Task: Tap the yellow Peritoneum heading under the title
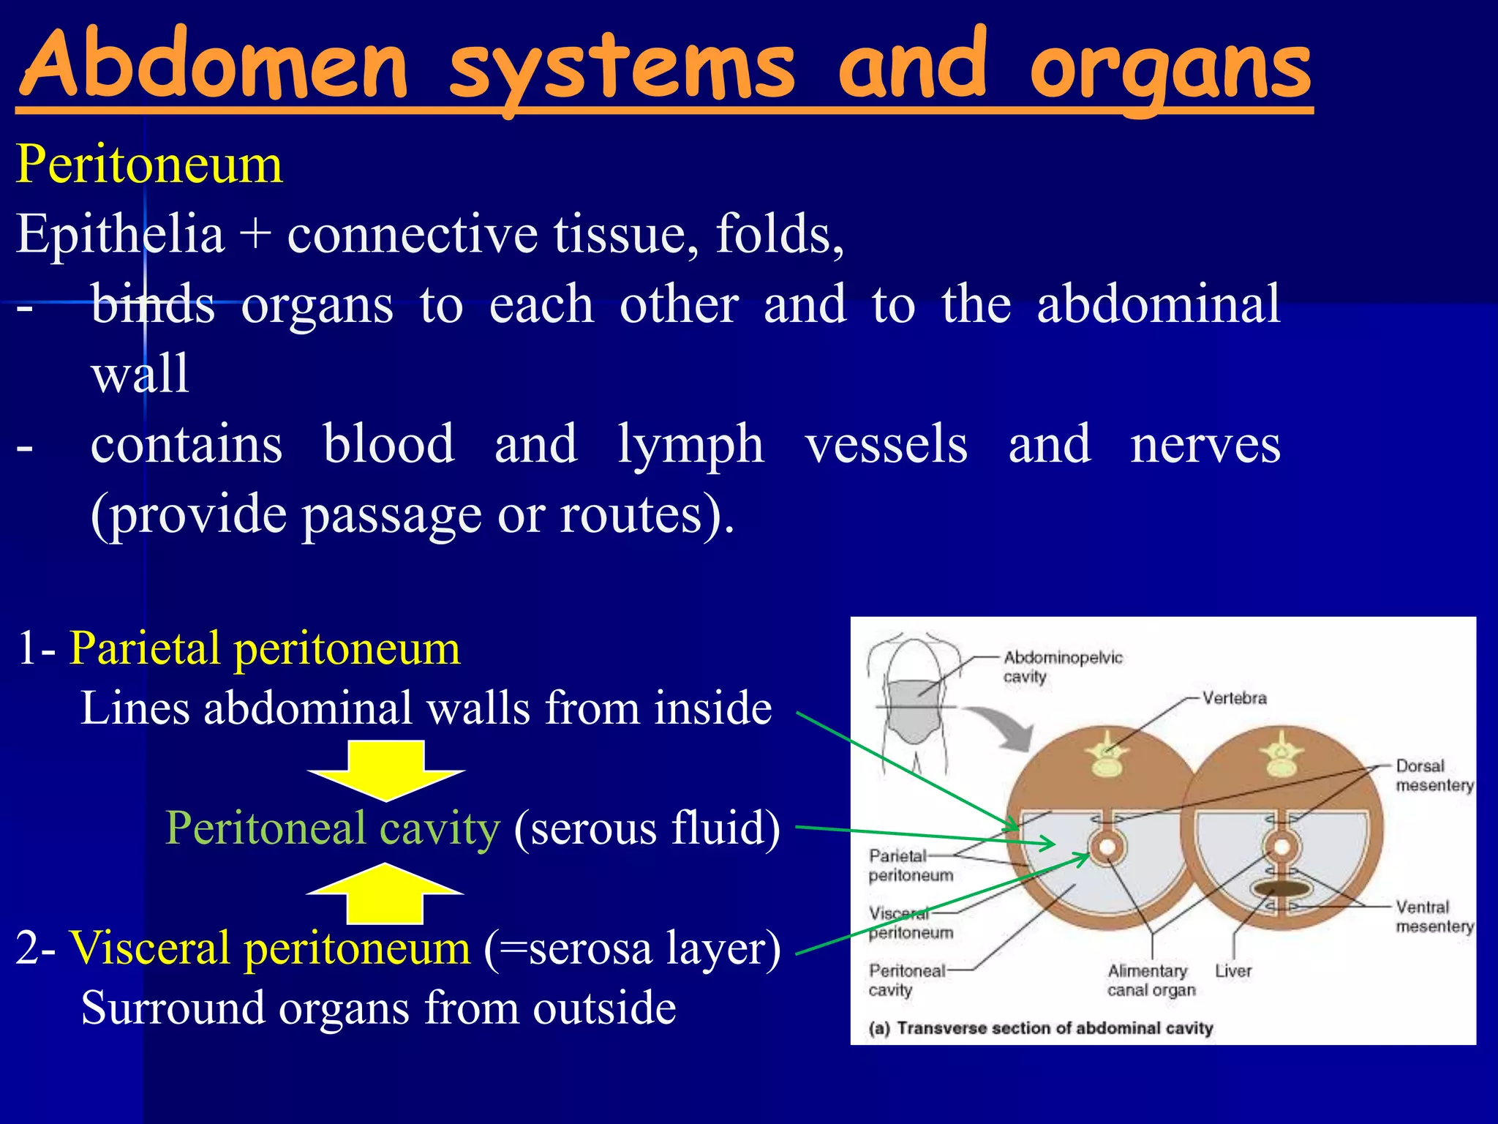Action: pos(149,164)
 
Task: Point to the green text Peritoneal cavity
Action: pos(333,828)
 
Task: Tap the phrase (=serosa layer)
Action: pos(632,948)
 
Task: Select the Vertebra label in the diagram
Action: pos(1234,698)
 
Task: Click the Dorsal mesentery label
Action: pos(1434,776)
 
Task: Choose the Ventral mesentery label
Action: pos(1434,917)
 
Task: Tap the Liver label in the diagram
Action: pos(1233,971)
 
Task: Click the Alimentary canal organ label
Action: pos(1151,981)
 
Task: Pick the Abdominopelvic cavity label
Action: pos(1061,667)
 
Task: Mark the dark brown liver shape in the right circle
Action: pos(1281,889)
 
